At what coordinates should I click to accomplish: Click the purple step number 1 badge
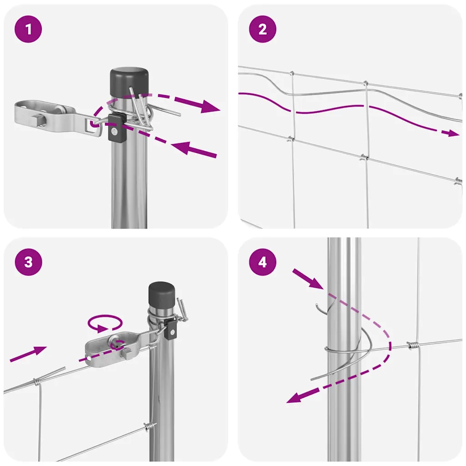click(x=28, y=29)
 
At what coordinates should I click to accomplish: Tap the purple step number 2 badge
click(x=263, y=29)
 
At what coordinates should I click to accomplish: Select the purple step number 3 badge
click(x=28, y=262)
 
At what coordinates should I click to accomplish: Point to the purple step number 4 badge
click(x=263, y=262)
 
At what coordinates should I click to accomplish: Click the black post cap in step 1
click(x=129, y=82)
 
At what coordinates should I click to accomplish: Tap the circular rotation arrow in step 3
click(x=105, y=323)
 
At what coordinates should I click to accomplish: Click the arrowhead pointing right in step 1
click(x=210, y=106)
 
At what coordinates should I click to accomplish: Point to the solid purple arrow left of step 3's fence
click(x=28, y=354)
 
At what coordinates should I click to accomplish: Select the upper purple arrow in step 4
click(x=308, y=279)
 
